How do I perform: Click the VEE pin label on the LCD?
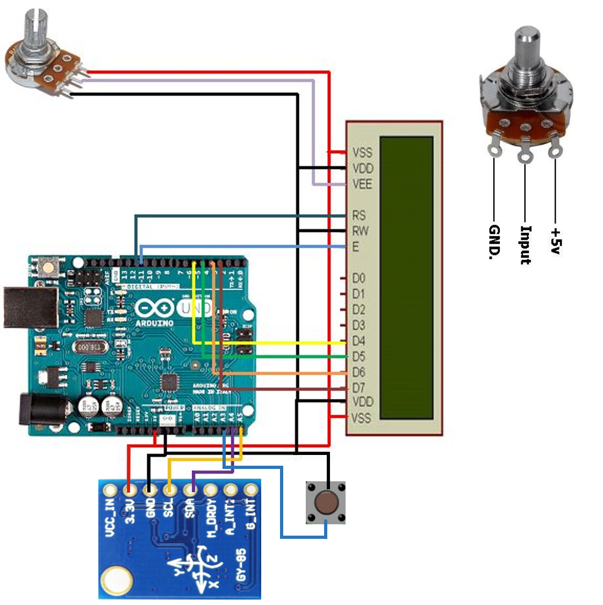click(x=362, y=184)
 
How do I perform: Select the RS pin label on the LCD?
click(x=359, y=216)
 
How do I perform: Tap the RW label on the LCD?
click(x=360, y=231)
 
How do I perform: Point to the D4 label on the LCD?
click(x=358, y=341)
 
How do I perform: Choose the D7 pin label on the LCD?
click(x=358, y=387)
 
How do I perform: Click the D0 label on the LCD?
click(x=358, y=278)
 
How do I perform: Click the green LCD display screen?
click(x=406, y=277)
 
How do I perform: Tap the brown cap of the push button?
click(x=326, y=503)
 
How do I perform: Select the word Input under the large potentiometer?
click(x=525, y=245)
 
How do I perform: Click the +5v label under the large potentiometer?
click(x=555, y=240)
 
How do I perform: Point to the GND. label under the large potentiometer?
click(x=494, y=242)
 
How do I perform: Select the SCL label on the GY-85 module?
click(x=169, y=509)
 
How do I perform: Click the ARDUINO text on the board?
click(x=154, y=323)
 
